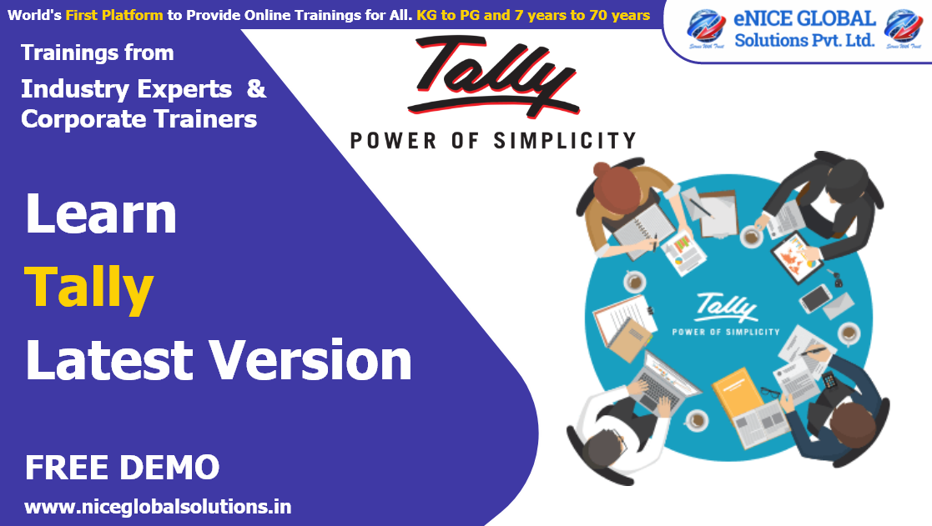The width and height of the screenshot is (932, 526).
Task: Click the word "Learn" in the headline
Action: pos(101,214)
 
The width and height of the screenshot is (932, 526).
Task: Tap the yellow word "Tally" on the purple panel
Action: pos(89,288)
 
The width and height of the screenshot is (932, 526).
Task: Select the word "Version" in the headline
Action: pos(310,361)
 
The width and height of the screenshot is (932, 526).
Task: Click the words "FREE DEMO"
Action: pos(122,468)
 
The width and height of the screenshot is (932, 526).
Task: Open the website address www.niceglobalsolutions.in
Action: pos(158,506)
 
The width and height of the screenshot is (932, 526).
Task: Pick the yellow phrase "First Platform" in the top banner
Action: pos(115,15)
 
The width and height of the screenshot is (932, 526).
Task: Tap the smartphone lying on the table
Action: pos(815,298)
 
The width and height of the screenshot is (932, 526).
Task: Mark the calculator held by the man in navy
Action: pos(830,383)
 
